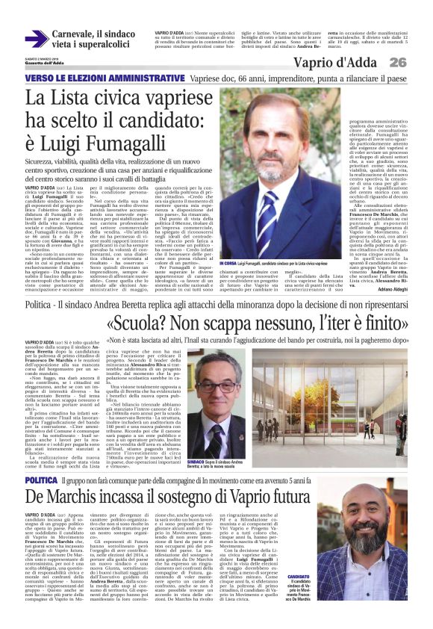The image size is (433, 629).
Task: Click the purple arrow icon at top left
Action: [37, 37]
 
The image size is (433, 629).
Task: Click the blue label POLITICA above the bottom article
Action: [40, 459]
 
